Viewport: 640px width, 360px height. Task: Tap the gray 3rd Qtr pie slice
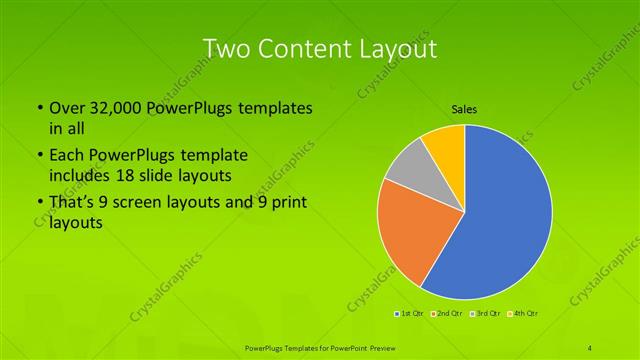tap(407, 180)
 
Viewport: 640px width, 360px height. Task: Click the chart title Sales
tap(464, 108)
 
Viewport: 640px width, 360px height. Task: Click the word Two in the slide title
tap(226, 48)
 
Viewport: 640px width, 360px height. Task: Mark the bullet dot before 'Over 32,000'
tap(39, 109)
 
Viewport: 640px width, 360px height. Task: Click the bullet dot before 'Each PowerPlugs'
tap(39, 157)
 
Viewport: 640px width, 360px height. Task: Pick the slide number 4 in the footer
tap(591, 347)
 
